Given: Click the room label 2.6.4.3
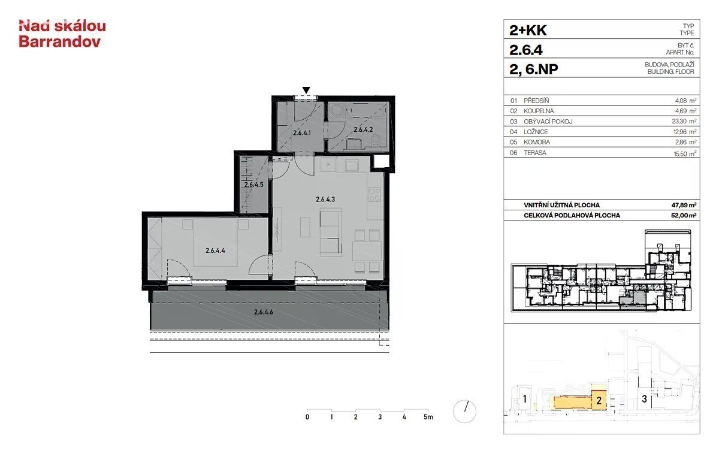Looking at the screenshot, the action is point(325,200).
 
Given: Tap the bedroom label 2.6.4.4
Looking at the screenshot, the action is point(215,250).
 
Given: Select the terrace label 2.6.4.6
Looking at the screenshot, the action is point(264,312).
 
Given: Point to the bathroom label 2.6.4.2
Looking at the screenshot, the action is point(363,130).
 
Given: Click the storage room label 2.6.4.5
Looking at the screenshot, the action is point(253,185).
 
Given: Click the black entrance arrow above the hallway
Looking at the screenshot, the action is point(306,90).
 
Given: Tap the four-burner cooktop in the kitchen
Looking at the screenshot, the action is point(374,194).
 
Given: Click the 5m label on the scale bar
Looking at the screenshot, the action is point(428,417).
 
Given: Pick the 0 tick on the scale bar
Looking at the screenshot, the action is point(307,417).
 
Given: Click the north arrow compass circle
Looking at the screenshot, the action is point(464,411).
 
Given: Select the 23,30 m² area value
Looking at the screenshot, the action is point(685,121).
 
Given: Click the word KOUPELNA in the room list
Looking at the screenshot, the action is point(539,111).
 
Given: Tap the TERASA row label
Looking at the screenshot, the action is point(534,153).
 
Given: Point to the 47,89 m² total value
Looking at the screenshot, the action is point(684,205).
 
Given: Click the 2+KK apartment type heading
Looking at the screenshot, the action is point(528,31).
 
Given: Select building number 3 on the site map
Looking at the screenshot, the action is point(644,399).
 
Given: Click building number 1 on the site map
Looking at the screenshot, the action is point(524,399).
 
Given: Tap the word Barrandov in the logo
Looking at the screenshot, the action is point(60,42).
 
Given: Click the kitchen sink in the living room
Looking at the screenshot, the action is point(352,166).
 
